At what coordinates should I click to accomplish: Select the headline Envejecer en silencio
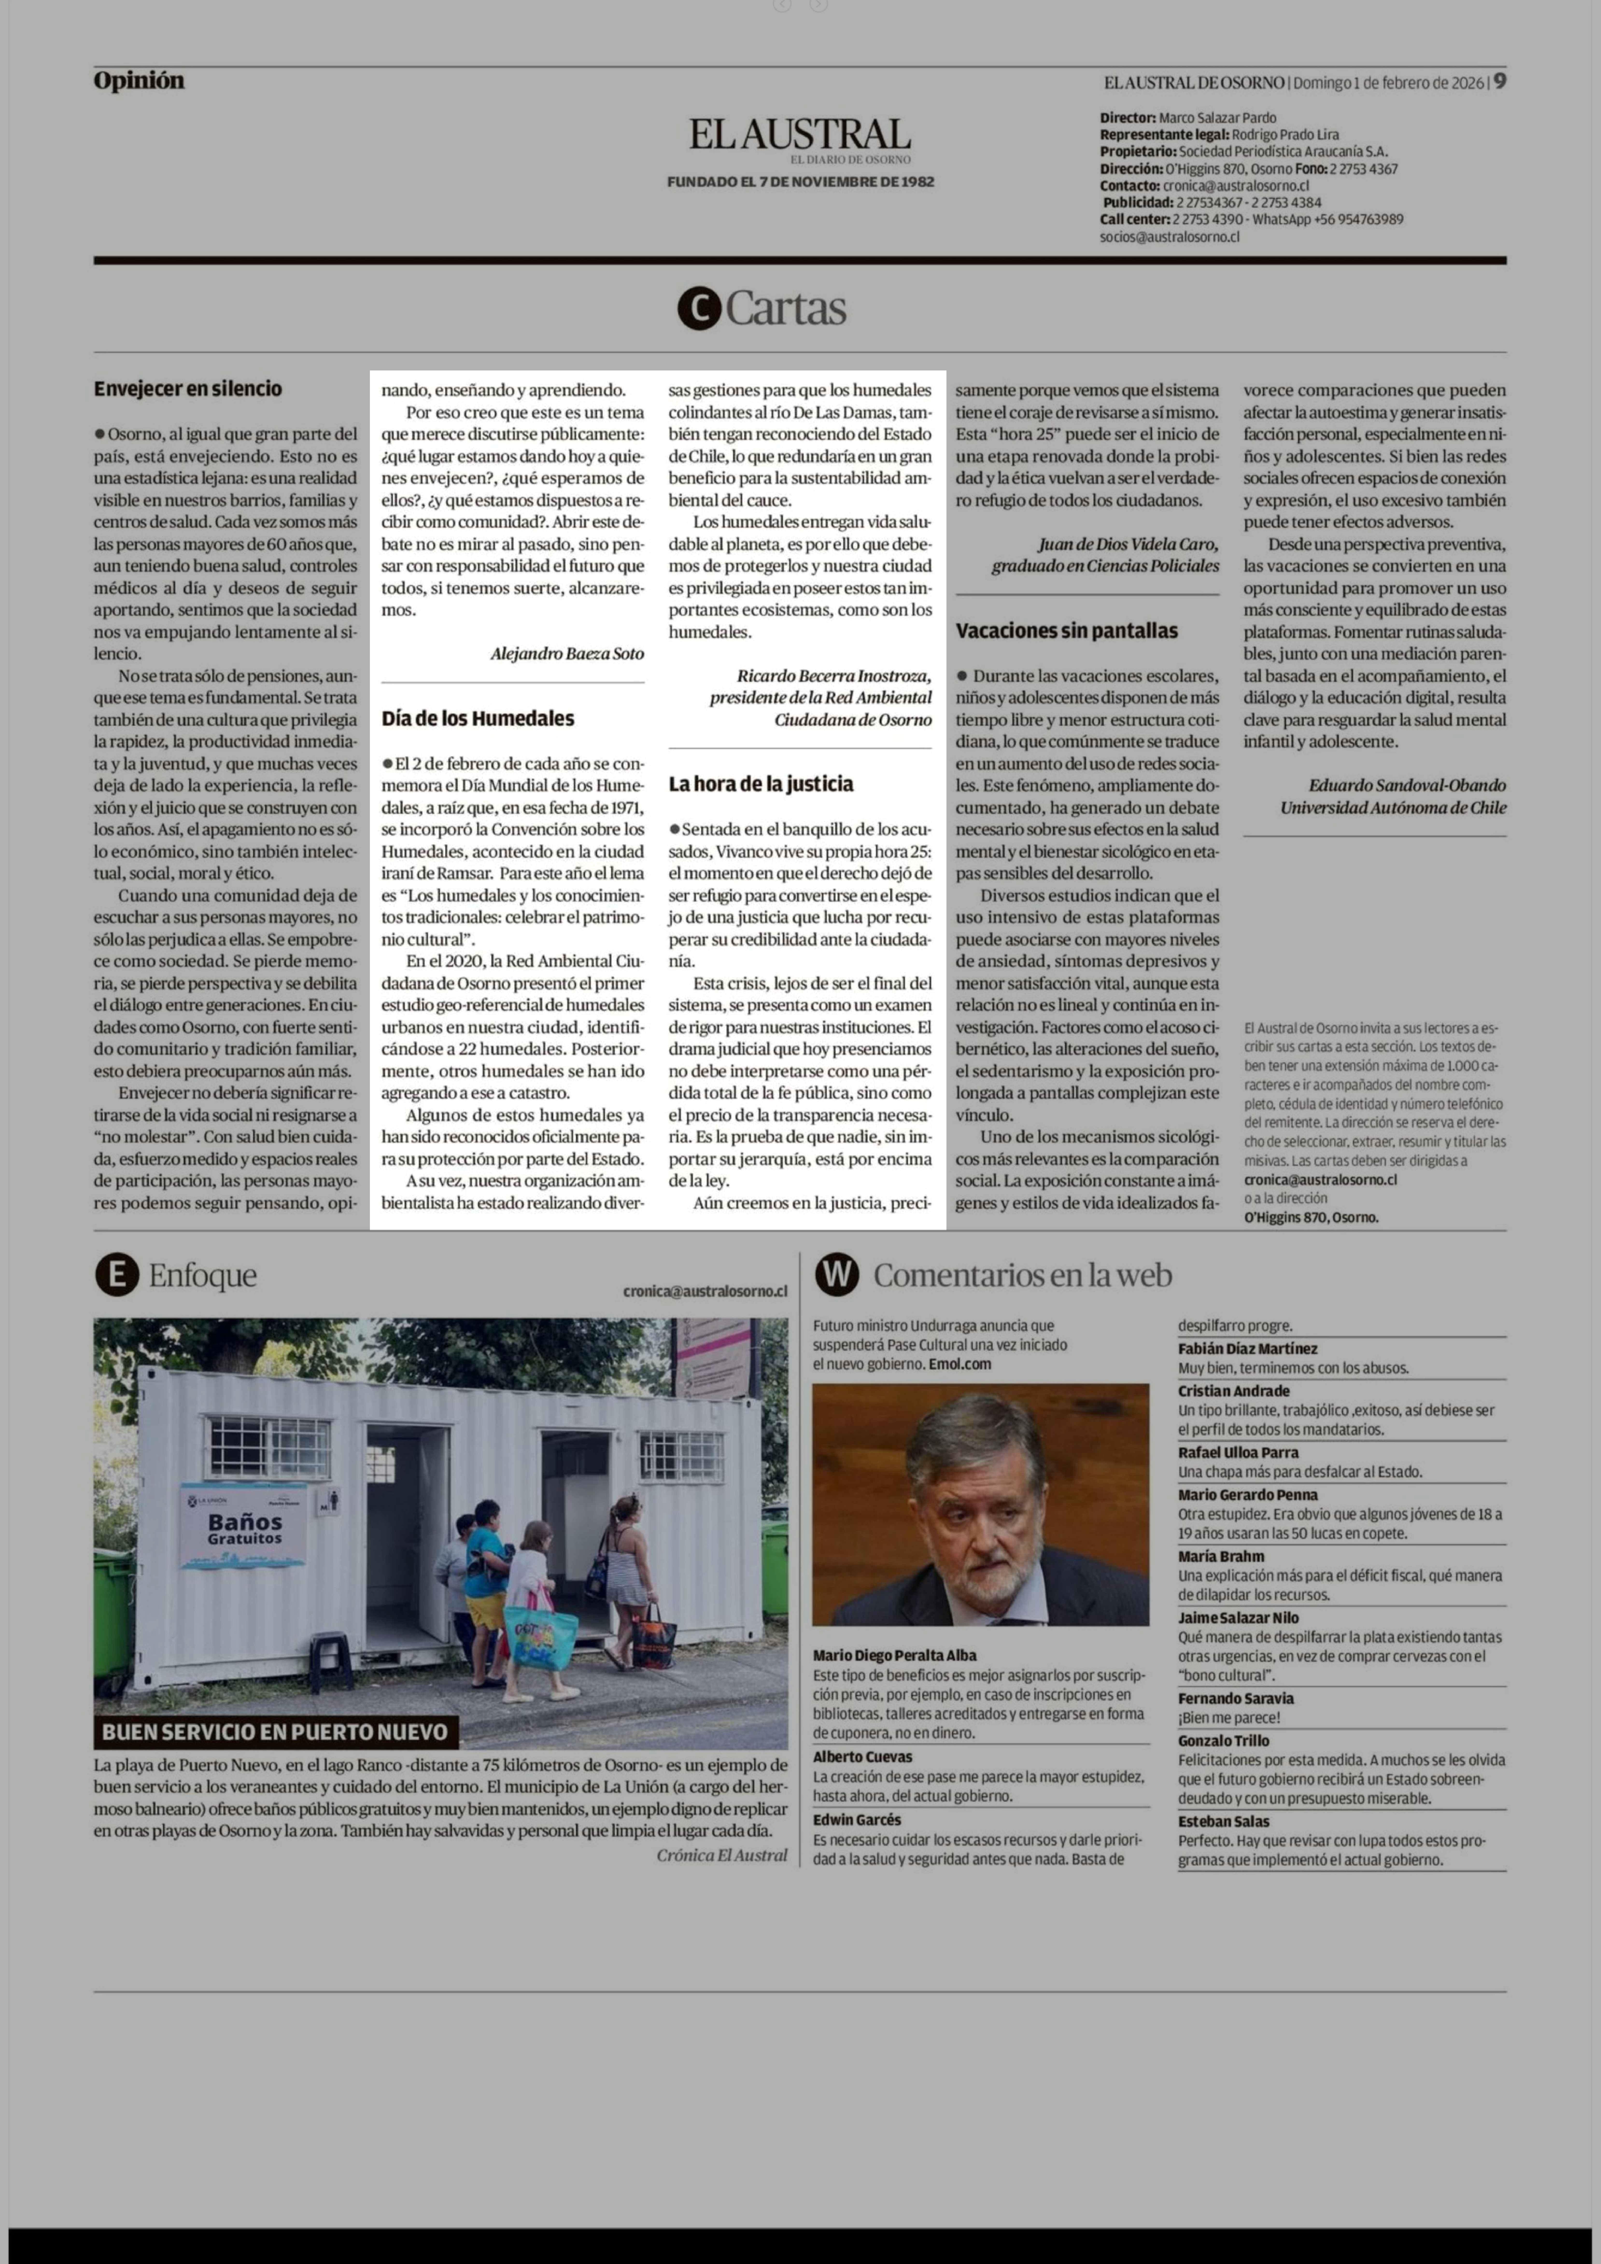[187, 389]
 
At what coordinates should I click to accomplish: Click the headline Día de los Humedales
[477, 718]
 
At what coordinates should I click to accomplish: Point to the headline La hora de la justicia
[760, 784]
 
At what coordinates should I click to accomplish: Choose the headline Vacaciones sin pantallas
[1066, 631]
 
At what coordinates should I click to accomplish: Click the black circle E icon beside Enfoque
[116, 1276]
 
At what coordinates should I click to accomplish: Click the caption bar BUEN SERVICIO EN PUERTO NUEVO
[275, 1732]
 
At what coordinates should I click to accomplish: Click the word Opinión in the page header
[139, 81]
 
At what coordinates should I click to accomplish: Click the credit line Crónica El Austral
[722, 1855]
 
